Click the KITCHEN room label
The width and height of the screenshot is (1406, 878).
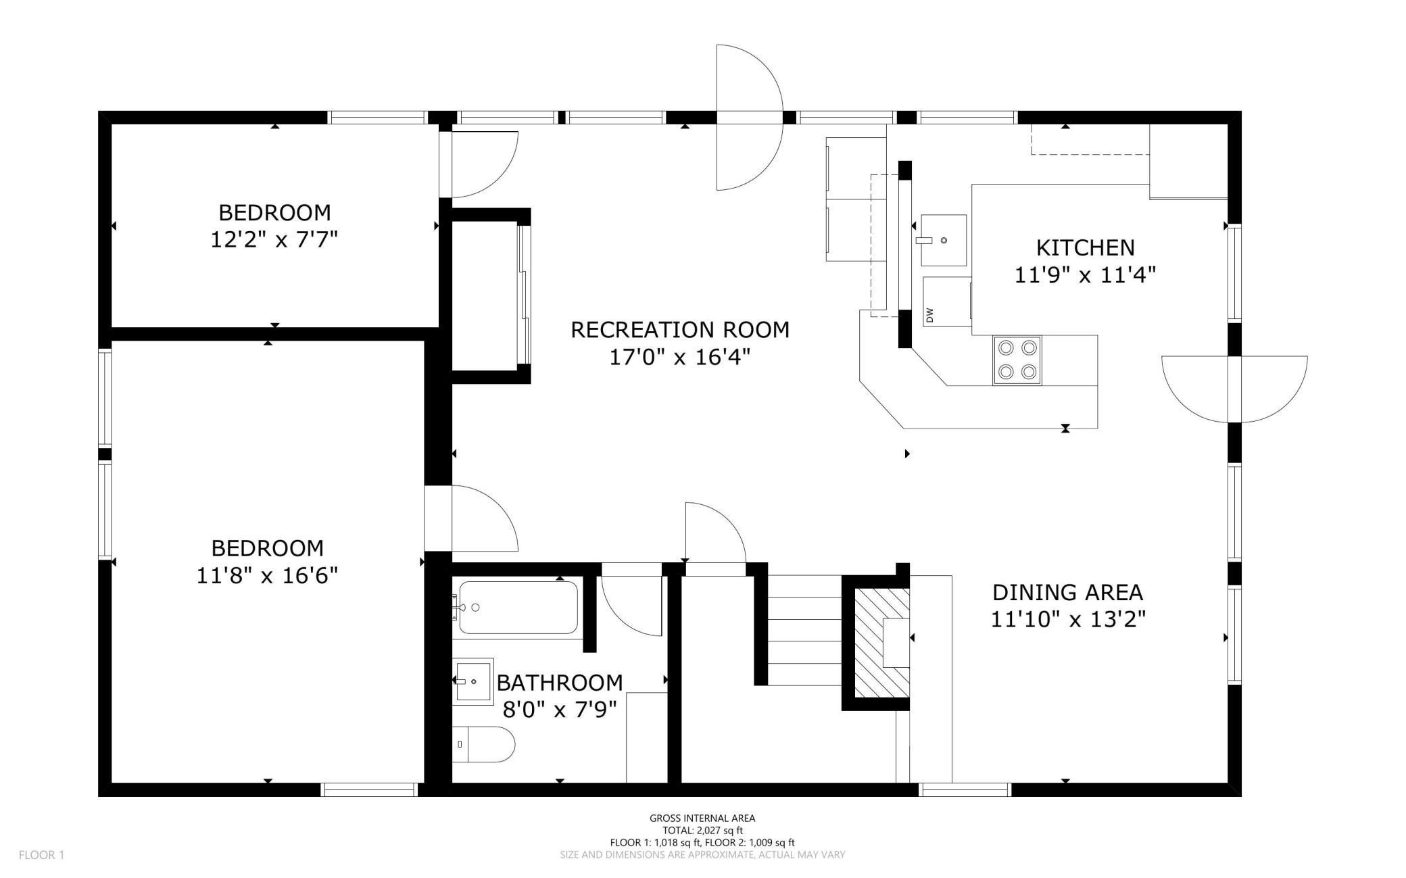click(x=1085, y=247)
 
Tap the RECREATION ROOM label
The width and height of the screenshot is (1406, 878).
click(x=680, y=330)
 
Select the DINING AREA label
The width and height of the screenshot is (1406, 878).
click(x=1067, y=592)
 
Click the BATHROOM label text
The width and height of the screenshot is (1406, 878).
click(x=559, y=683)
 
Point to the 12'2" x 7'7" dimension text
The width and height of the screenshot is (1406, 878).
click(x=274, y=239)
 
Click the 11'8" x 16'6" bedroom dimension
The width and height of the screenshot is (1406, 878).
click(x=267, y=575)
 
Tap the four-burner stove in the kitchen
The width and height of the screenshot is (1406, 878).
click(x=1017, y=360)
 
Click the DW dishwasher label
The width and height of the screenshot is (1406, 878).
click(x=930, y=315)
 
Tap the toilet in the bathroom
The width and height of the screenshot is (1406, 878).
click(x=483, y=744)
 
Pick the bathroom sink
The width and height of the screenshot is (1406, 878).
click(x=472, y=681)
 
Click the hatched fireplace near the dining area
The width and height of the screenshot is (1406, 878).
click(x=882, y=642)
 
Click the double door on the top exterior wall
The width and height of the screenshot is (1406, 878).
click(x=749, y=118)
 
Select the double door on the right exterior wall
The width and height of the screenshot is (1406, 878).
click(x=1234, y=389)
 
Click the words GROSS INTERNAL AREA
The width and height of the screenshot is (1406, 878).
click(x=702, y=818)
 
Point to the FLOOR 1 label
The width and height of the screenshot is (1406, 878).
click(x=41, y=855)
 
